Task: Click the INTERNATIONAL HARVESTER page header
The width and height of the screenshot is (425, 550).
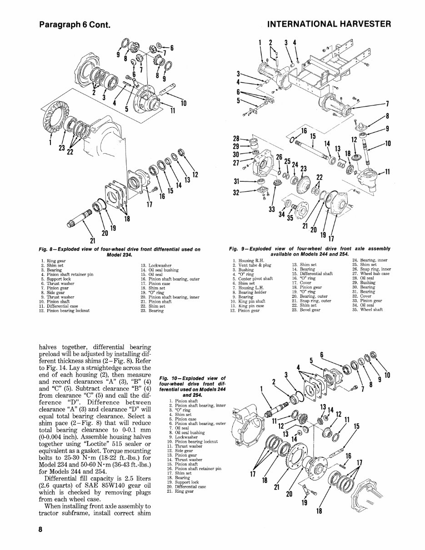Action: [329, 24]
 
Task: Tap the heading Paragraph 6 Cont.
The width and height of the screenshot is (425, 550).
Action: [75, 24]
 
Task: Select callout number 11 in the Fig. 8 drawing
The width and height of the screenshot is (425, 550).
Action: [172, 110]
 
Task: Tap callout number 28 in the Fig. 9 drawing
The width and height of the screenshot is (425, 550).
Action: [236, 138]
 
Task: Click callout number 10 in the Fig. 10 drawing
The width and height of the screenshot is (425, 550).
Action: [388, 375]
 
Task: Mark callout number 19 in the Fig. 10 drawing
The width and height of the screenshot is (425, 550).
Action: [304, 502]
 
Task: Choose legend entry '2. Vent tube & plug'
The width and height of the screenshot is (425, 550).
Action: [251, 265]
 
